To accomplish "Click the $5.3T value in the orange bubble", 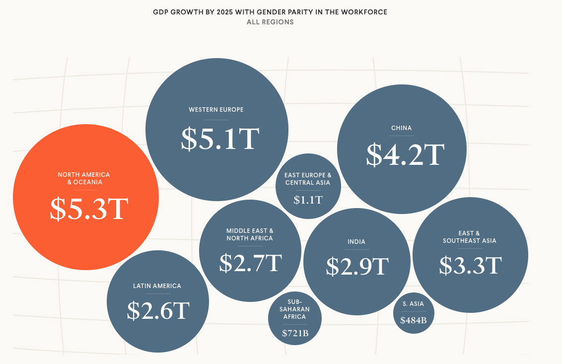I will pyautogui.click(x=89, y=210).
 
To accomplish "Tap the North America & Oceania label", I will pyautogui.click(x=84, y=178).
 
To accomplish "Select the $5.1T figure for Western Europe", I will pyautogui.click(x=220, y=140).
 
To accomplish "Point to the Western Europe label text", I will pyautogui.click(x=216, y=110).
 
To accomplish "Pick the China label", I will pyautogui.click(x=401, y=128).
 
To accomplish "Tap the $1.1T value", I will pyautogui.click(x=308, y=200).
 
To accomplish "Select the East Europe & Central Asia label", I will pyautogui.click(x=307, y=179).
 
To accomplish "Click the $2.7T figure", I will pyautogui.click(x=250, y=263).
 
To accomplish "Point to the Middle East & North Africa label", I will pyautogui.click(x=250, y=234).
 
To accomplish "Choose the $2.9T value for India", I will pyautogui.click(x=356, y=267).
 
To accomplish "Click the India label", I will pyautogui.click(x=356, y=242).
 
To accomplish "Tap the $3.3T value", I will pyautogui.click(x=470, y=266).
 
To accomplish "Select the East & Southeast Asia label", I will pyautogui.click(x=469, y=237).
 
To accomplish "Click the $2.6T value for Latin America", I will pyautogui.click(x=158, y=310).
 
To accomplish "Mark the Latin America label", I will pyautogui.click(x=157, y=286).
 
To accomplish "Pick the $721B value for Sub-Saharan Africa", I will pyautogui.click(x=295, y=333).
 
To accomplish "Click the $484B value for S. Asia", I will pyautogui.click(x=413, y=320).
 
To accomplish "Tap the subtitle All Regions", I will pyautogui.click(x=270, y=22).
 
